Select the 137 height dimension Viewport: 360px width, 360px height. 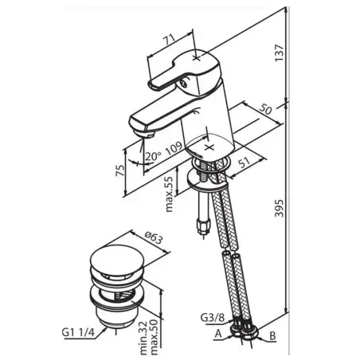tap(279, 53)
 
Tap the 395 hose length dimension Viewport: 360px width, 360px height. tap(279, 208)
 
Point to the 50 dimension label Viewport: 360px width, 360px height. tap(266, 109)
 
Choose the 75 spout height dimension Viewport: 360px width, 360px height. tap(120, 170)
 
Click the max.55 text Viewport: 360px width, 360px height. tap(169, 194)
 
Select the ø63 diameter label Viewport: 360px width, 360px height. tap(153, 237)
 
